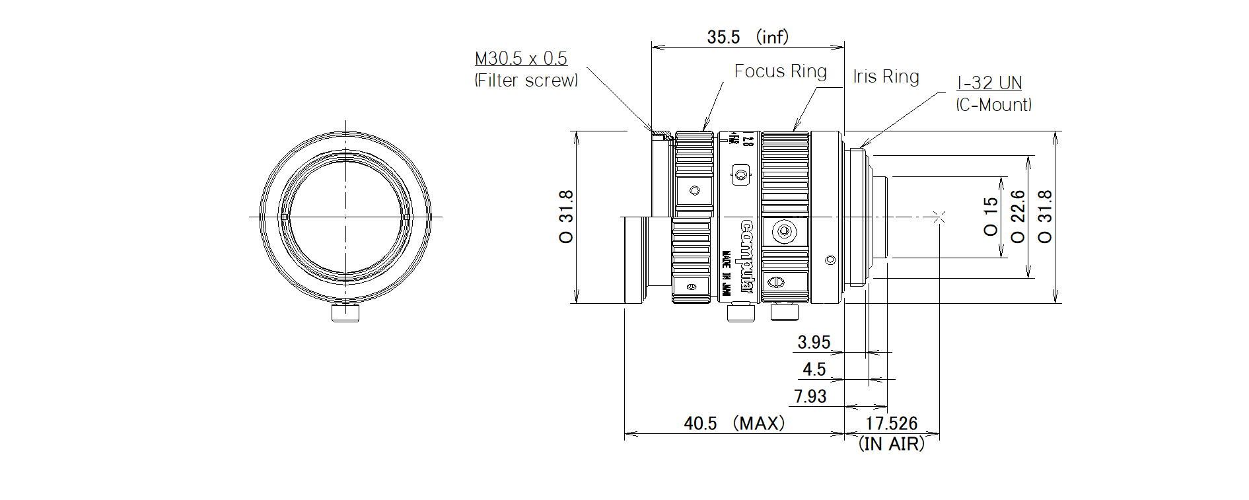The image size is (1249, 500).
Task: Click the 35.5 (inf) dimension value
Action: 747,37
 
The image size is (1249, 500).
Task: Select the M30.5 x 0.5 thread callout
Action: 520,59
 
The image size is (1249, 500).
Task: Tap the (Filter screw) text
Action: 526,81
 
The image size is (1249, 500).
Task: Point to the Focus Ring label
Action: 780,71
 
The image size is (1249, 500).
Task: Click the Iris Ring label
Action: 886,77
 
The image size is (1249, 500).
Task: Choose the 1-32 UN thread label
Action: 989,83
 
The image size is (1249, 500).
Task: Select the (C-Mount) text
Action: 993,105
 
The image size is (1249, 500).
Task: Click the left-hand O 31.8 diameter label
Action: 567,217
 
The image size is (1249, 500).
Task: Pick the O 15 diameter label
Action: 991,217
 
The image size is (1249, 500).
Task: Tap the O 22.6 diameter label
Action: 1018,217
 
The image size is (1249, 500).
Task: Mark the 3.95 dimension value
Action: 813,342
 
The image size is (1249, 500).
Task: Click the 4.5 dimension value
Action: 814,369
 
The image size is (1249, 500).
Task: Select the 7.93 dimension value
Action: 810,396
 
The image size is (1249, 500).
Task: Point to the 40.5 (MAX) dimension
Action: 734,423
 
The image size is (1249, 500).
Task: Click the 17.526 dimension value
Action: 891,423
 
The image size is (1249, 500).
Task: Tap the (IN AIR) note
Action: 891,444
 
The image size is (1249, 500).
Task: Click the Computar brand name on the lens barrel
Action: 746,257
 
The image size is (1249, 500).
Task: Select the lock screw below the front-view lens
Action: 345,313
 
